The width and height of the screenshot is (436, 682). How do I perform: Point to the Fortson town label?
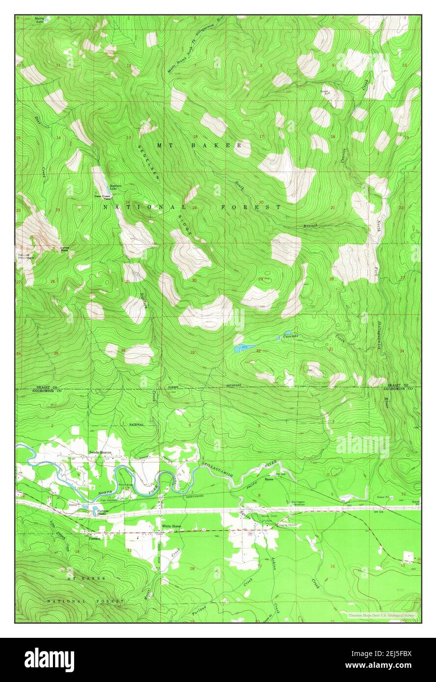coord(95,538)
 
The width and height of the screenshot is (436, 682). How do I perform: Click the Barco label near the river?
coord(269,479)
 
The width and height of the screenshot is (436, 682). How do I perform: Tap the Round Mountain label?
coord(24,257)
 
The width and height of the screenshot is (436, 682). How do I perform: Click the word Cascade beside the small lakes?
coord(290,336)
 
